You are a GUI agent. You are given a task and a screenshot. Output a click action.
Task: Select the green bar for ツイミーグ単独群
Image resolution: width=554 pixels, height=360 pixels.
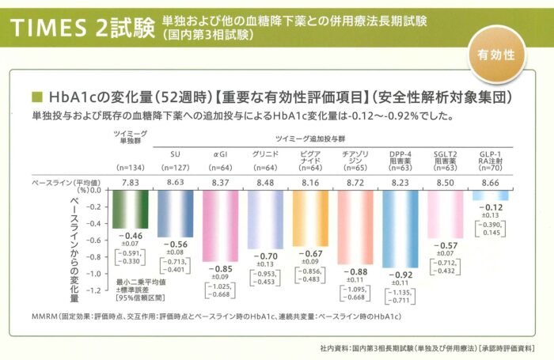[130, 209]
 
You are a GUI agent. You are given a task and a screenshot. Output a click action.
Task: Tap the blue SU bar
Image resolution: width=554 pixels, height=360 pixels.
[176, 213]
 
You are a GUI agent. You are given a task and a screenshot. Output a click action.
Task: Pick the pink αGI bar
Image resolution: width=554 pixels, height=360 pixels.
[222, 225]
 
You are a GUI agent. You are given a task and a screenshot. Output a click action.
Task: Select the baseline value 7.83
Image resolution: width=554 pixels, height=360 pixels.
[130, 182]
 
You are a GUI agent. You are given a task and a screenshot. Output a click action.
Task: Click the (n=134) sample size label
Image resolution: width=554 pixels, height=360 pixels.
[130, 168]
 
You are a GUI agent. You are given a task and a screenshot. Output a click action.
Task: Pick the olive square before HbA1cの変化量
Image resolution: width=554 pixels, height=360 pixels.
[36, 99]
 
